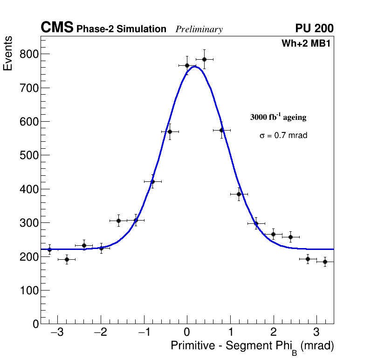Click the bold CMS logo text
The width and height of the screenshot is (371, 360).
coord(57,28)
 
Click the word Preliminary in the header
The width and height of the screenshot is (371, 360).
coord(199,29)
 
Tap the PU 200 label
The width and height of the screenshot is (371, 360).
coord(314,28)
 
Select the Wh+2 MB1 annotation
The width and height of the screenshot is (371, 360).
coord(306,44)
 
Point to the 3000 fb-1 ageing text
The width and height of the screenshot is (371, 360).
coord(278,117)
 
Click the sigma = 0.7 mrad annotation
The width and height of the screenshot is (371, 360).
coord(283,136)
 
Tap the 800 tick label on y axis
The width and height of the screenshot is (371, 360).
coord(28,54)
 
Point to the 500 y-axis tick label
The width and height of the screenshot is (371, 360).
coord(28,155)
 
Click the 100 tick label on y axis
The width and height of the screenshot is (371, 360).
coord(28,290)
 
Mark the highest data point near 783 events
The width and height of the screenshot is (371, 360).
coord(204,59)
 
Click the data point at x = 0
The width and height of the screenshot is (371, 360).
coord(187,65)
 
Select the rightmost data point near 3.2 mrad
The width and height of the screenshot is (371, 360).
coord(325,262)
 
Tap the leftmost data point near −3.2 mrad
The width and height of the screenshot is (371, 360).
coord(49,249)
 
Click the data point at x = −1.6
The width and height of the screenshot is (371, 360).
coord(118,221)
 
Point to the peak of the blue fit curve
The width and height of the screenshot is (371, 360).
coord(195,67)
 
